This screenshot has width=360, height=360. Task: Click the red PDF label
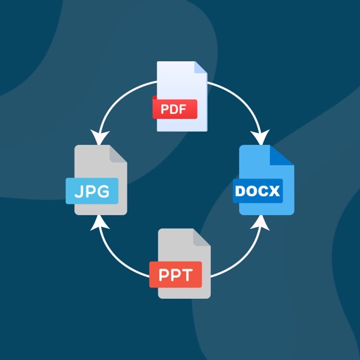click(174, 109)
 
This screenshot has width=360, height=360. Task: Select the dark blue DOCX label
click(257, 190)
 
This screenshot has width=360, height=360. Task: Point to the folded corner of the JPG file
click(119, 155)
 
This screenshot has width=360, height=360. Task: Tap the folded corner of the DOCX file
click(284, 155)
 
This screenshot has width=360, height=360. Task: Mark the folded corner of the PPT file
click(202, 237)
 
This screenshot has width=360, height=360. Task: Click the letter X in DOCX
click(275, 190)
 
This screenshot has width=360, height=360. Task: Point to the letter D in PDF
click(174, 109)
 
